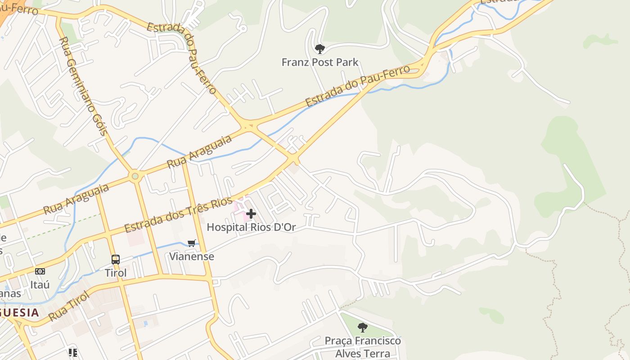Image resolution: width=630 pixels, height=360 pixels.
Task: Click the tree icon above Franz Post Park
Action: point(319,48)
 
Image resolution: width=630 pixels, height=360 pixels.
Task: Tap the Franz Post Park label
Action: point(319,62)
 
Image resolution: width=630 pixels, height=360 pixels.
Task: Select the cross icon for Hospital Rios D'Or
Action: point(251,214)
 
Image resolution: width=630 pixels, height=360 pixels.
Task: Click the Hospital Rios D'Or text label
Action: point(251,227)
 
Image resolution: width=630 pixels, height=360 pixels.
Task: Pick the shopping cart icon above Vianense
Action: point(192,243)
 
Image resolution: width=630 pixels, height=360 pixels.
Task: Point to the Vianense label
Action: point(192,256)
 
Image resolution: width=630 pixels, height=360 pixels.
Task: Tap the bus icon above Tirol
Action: point(116,259)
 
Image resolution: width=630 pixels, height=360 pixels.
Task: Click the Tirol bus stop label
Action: point(116,273)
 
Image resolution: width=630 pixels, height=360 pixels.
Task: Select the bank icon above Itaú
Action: point(40,271)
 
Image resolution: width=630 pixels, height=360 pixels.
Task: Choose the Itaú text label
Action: point(40,285)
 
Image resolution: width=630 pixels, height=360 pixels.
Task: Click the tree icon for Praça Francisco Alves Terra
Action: point(363,328)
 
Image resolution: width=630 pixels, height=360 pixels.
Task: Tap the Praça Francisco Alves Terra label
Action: point(363,347)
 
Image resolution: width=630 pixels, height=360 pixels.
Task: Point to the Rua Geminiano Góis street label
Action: point(83,86)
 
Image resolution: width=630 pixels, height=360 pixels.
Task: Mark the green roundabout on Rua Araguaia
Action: point(135,176)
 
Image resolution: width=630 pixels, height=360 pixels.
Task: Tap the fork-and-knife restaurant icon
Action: point(72,352)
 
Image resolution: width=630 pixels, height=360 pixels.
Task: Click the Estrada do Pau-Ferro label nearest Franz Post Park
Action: point(358,85)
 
